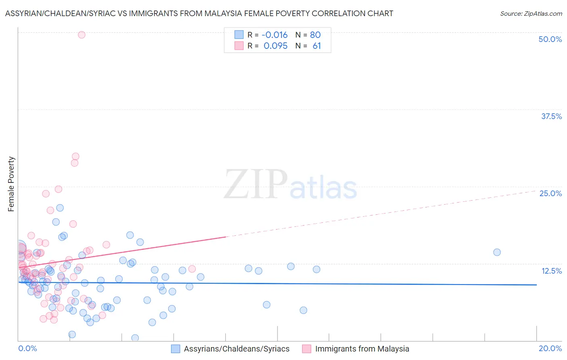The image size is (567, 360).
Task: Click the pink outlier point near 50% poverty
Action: [81, 35]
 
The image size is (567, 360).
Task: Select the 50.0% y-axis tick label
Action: [550, 39]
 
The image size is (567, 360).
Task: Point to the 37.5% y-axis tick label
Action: [551, 116]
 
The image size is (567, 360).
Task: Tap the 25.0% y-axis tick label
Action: [550, 193]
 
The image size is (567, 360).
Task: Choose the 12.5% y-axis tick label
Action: [551, 271]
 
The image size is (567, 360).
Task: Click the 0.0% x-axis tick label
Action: [27, 348]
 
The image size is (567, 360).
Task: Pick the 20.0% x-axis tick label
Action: [550, 348]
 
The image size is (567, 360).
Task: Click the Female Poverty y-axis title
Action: [11, 184]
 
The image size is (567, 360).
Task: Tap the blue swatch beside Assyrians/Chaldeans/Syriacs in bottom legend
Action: [175, 349]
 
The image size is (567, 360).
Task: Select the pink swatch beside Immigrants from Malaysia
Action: [306, 349]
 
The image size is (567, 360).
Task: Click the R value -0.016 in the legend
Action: [275, 35]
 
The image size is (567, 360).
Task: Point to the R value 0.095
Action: [275, 46]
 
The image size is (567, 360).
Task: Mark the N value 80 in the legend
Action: [315, 35]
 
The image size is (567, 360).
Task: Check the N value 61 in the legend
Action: [317, 46]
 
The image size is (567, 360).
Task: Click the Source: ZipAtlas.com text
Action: [531, 13]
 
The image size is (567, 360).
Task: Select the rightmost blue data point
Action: [497, 252]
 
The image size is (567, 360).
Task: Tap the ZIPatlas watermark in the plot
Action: [290, 184]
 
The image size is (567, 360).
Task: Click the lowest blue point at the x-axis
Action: [135, 338]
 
